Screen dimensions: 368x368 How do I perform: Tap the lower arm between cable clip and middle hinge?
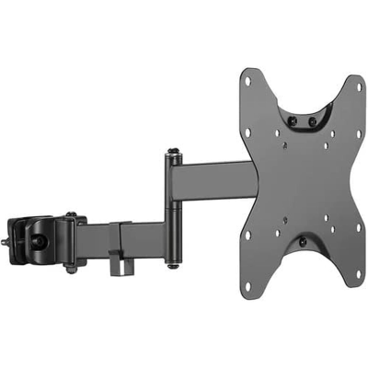click(x=143, y=236)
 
